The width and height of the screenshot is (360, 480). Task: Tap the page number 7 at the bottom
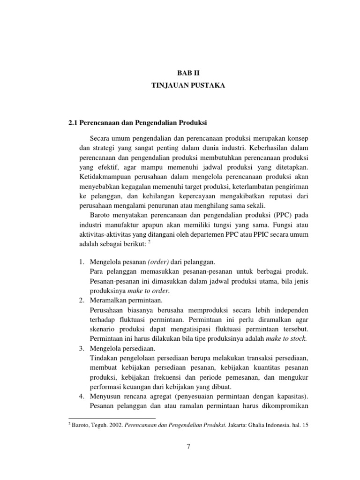click(187, 446)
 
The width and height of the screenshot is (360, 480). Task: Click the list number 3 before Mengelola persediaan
click(80, 348)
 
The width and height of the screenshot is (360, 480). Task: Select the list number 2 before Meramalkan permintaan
click(80, 300)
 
